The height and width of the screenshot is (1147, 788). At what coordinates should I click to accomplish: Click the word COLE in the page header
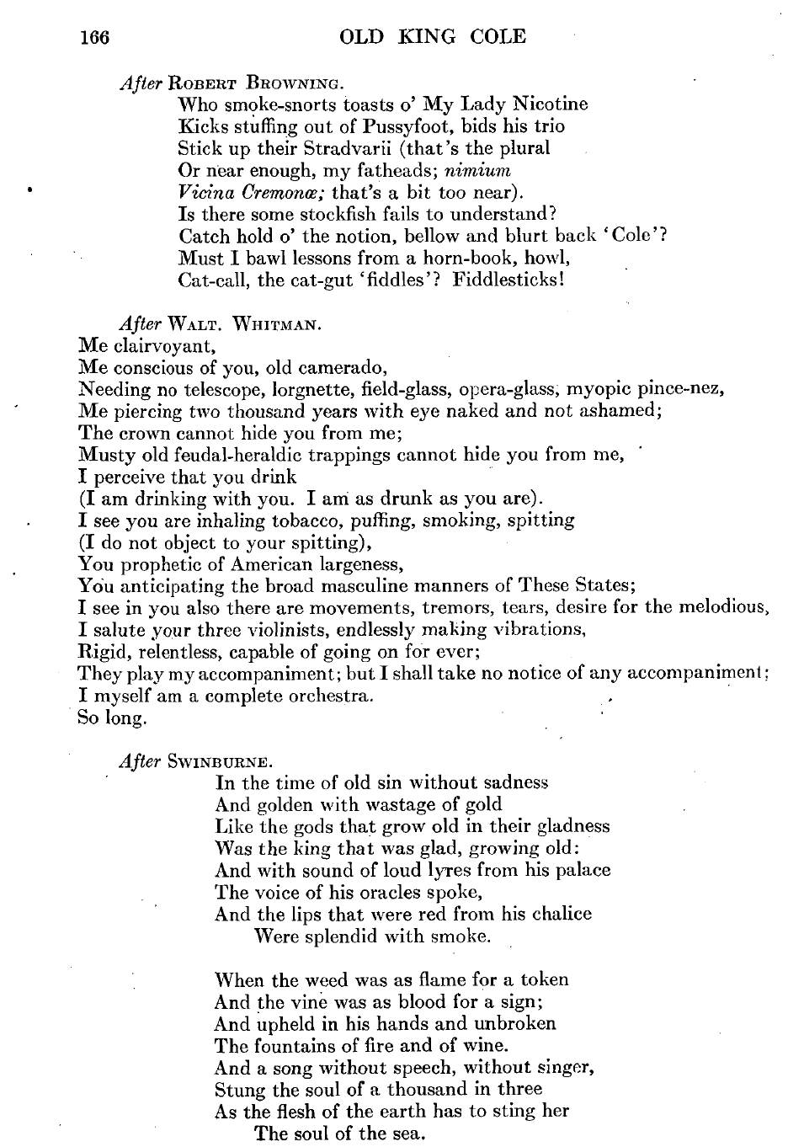point(495,37)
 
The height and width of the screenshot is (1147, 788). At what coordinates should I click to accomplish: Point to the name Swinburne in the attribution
point(218,761)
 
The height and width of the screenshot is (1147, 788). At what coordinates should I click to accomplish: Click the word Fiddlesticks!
point(508,280)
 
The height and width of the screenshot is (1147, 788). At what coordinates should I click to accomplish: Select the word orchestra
point(325,696)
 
